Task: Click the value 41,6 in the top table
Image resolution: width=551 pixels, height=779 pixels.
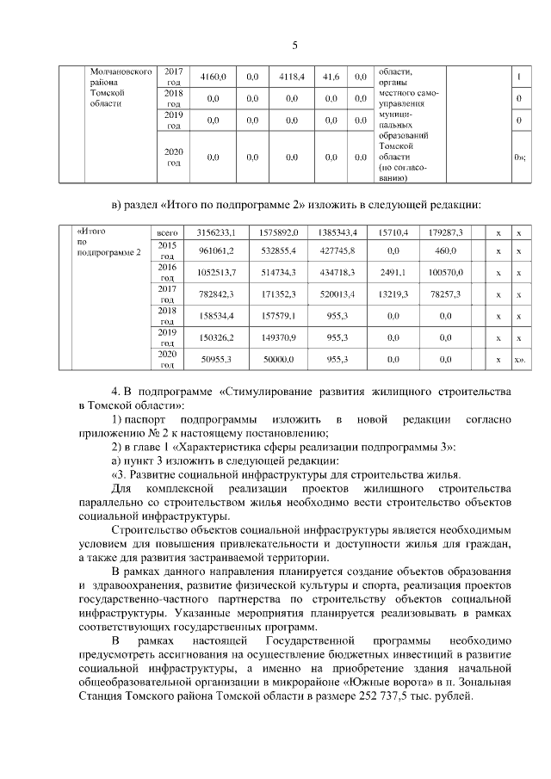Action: click(331, 77)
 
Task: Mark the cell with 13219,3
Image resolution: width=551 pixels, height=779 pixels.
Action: click(393, 294)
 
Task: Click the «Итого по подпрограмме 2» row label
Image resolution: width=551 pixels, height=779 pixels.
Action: click(108, 242)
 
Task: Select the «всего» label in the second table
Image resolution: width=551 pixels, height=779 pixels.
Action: click(167, 233)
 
